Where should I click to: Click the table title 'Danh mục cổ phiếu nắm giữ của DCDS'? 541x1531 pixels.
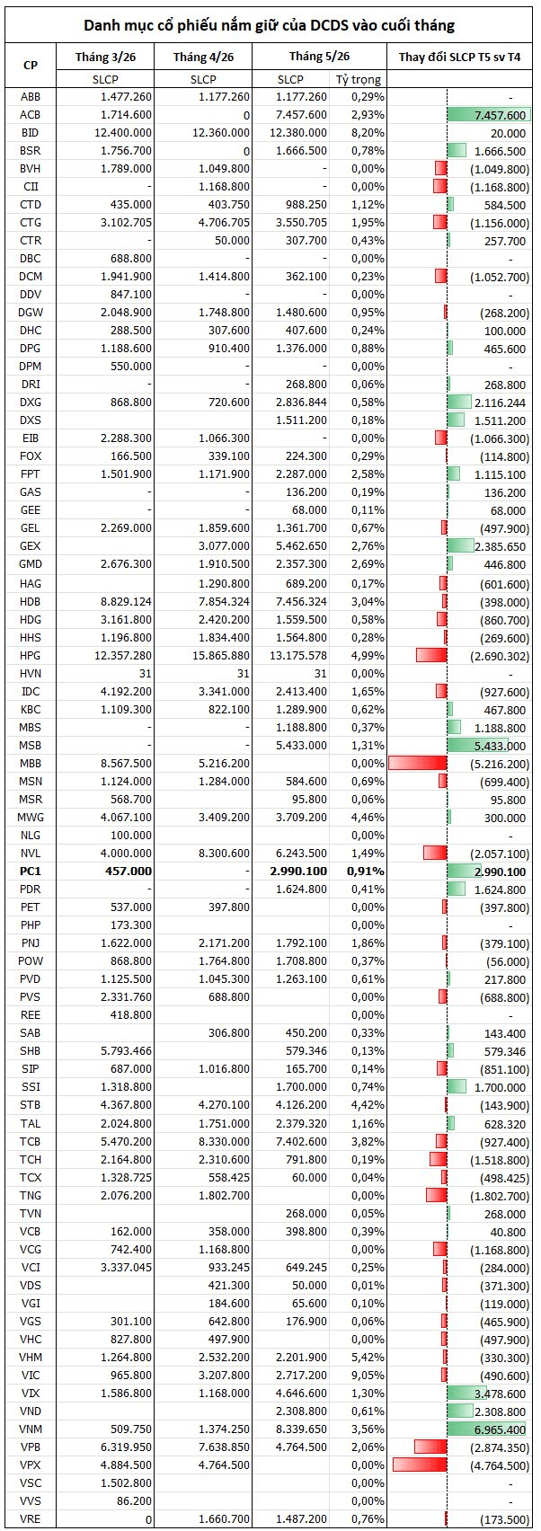(216, 26)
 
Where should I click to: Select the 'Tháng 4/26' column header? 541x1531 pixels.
(203, 57)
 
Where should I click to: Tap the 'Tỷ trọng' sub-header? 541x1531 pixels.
(359, 79)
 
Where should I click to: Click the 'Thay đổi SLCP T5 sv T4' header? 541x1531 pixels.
(459, 57)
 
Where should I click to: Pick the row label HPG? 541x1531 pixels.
(30, 656)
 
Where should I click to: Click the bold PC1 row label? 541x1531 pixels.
(30, 872)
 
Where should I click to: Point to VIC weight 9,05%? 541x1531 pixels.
(368, 1376)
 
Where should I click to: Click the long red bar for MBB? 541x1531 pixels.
(418, 763)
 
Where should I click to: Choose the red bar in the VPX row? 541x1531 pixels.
(420, 1465)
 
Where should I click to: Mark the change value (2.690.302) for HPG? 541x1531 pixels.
(500, 656)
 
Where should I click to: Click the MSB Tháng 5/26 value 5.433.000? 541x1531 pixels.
(302, 745)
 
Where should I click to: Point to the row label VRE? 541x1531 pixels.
(30, 1518)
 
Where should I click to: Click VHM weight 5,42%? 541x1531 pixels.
(368, 1357)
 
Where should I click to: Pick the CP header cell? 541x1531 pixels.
(30, 65)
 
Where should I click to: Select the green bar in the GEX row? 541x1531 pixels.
(460, 545)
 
